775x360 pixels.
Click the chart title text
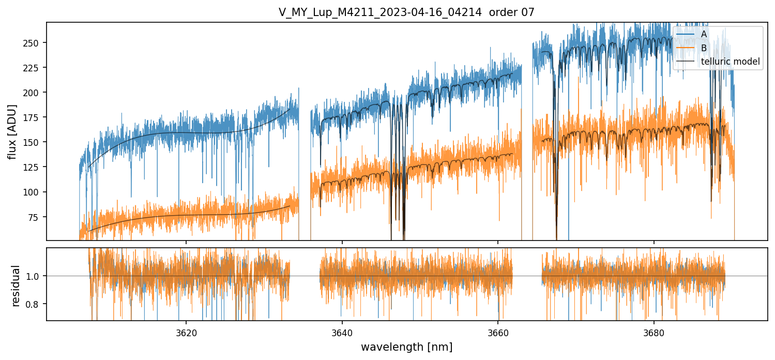click(x=406, y=12)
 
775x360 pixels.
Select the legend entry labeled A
click(x=704, y=34)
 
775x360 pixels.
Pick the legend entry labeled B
click(x=704, y=48)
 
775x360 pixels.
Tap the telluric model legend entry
click(x=730, y=62)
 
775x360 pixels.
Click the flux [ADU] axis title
click(x=12, y=131)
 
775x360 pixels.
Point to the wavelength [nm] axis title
click(x=406, y=347)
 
